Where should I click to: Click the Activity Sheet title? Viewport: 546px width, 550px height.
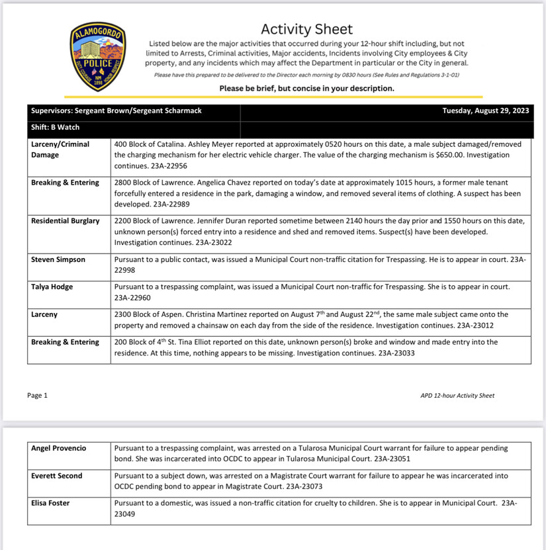[306, 29]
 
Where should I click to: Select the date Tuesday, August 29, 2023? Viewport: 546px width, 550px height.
[485, 111]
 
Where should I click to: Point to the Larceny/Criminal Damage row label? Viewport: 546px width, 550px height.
[60, 149]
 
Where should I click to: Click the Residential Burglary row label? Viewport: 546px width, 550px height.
[65, 220]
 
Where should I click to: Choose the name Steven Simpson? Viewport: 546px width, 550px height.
[58, 259]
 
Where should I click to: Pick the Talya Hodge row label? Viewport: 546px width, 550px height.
[53, 287]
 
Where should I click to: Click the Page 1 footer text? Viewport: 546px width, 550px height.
[38, 395]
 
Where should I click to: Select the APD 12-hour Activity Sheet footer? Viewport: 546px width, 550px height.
[457, 396]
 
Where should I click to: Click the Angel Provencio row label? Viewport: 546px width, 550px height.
[58, 448]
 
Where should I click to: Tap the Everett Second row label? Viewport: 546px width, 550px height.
[57, 475]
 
